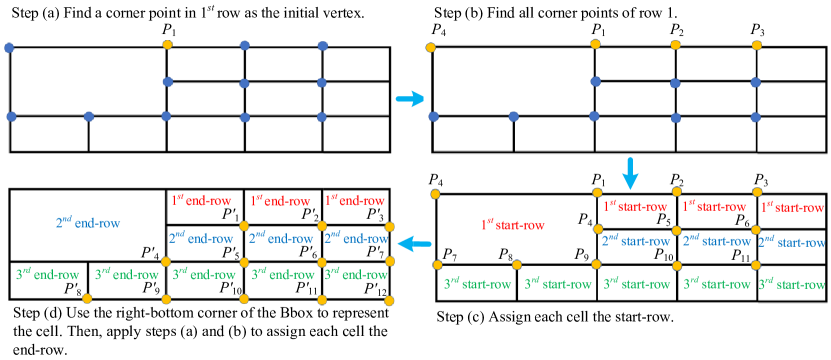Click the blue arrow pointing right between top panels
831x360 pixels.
[409, 99]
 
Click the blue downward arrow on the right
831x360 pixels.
[630, 171]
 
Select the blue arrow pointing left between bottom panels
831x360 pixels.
[410, 244]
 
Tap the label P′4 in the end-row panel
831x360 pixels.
[149, 253]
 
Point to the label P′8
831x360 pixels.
[71, 289]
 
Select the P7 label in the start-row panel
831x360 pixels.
[450, 254]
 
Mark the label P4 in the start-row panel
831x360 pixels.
[585, 218]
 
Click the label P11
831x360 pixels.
[740, 255]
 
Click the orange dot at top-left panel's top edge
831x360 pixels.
[167, 45]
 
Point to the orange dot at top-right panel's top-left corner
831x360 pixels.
[431, 47]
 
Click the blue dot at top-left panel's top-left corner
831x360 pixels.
[10, 47]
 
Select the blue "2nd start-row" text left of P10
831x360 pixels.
[636, 240]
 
